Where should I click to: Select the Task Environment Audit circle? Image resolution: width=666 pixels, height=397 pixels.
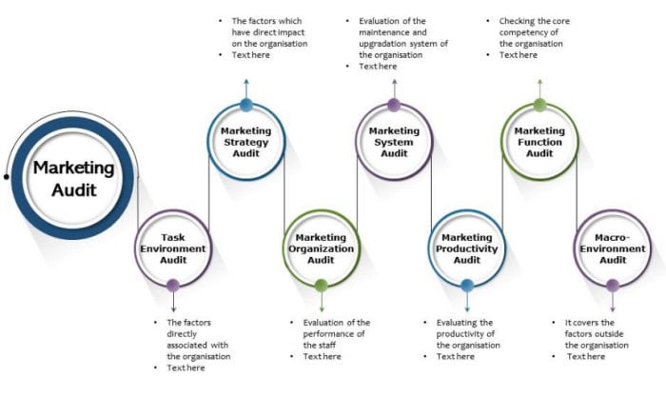tap(172, 248)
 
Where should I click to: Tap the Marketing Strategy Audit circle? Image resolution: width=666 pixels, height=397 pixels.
tap(245, 143)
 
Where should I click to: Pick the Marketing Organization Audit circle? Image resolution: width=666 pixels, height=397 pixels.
tap(321, 248)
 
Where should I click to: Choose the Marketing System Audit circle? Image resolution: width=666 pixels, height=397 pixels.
tap(394, 143)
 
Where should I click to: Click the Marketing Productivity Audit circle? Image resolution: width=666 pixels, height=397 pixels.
tap(466, 248)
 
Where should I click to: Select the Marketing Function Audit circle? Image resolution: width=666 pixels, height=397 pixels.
tap(539, 143)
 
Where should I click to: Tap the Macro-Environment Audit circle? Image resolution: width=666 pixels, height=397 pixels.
tap(613, 248)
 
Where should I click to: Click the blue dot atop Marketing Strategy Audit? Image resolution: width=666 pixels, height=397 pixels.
tap(246, 105)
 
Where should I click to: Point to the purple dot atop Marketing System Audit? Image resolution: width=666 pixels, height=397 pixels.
tap(394, 105)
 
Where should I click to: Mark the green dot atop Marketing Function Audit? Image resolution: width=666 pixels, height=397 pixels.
tap(539, 105)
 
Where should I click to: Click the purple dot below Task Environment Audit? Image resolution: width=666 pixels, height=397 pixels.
tap(172, 285)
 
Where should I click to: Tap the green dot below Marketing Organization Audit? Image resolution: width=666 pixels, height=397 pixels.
tap(321, 285)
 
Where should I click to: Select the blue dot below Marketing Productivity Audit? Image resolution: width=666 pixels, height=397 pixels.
tap(466, 285)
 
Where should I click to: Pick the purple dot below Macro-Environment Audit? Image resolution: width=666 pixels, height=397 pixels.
tap(613, 285)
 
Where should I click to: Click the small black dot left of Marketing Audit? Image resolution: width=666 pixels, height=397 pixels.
tap(7, 176)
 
